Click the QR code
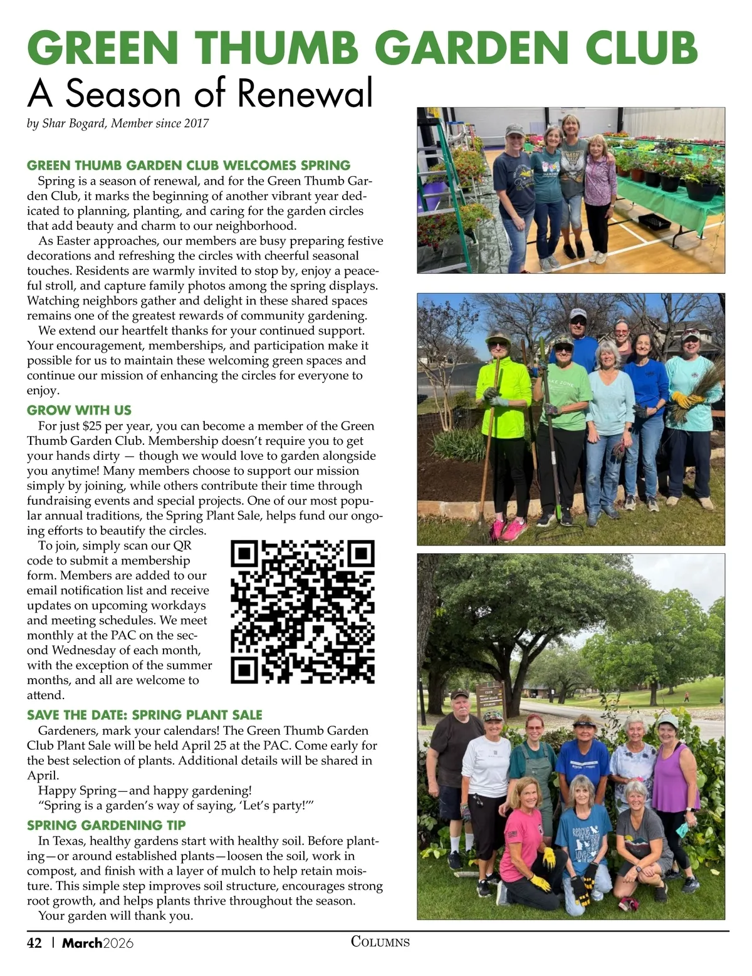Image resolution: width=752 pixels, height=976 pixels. click(303, 612)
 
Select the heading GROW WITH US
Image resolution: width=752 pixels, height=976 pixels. click(79, 410)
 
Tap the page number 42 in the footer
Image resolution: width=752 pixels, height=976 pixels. click(34, 943)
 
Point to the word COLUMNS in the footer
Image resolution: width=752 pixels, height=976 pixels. click(380, 942)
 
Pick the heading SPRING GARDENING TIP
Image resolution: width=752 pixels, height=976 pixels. click(107, 825)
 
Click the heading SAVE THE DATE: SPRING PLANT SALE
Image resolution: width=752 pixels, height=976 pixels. click(145, 715)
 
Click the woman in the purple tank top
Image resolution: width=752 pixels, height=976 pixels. click(675, 789)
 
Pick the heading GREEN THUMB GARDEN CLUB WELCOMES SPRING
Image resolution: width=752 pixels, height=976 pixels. click(189, 165)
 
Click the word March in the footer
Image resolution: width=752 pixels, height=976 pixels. click(81, 943)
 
